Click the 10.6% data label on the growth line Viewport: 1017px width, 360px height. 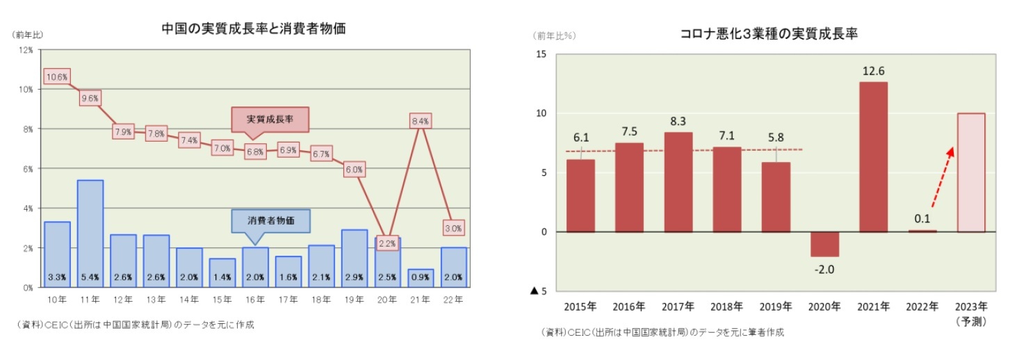[x=56, y=77]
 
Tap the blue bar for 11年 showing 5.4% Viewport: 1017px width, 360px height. [x=90, y=233]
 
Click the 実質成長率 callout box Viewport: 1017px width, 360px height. [x=270, y=120]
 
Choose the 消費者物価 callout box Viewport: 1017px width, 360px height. [x=270, y=220]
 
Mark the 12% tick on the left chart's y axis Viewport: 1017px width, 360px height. [x=26, y=50]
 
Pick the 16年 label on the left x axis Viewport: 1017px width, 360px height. [x=255, y=300]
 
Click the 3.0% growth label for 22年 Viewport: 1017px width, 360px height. [x=454, y=228]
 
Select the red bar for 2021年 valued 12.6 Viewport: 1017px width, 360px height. [x=872, y=157]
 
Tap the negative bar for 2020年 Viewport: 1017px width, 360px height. [x=824, y=244]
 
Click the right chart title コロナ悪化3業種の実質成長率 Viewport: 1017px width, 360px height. [x=771, y=33]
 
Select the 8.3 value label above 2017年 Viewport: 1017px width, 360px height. [x=677, y=120]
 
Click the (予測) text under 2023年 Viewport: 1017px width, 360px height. [x=972, y=322]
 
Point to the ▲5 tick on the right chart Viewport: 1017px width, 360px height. [x=538, y=291]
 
